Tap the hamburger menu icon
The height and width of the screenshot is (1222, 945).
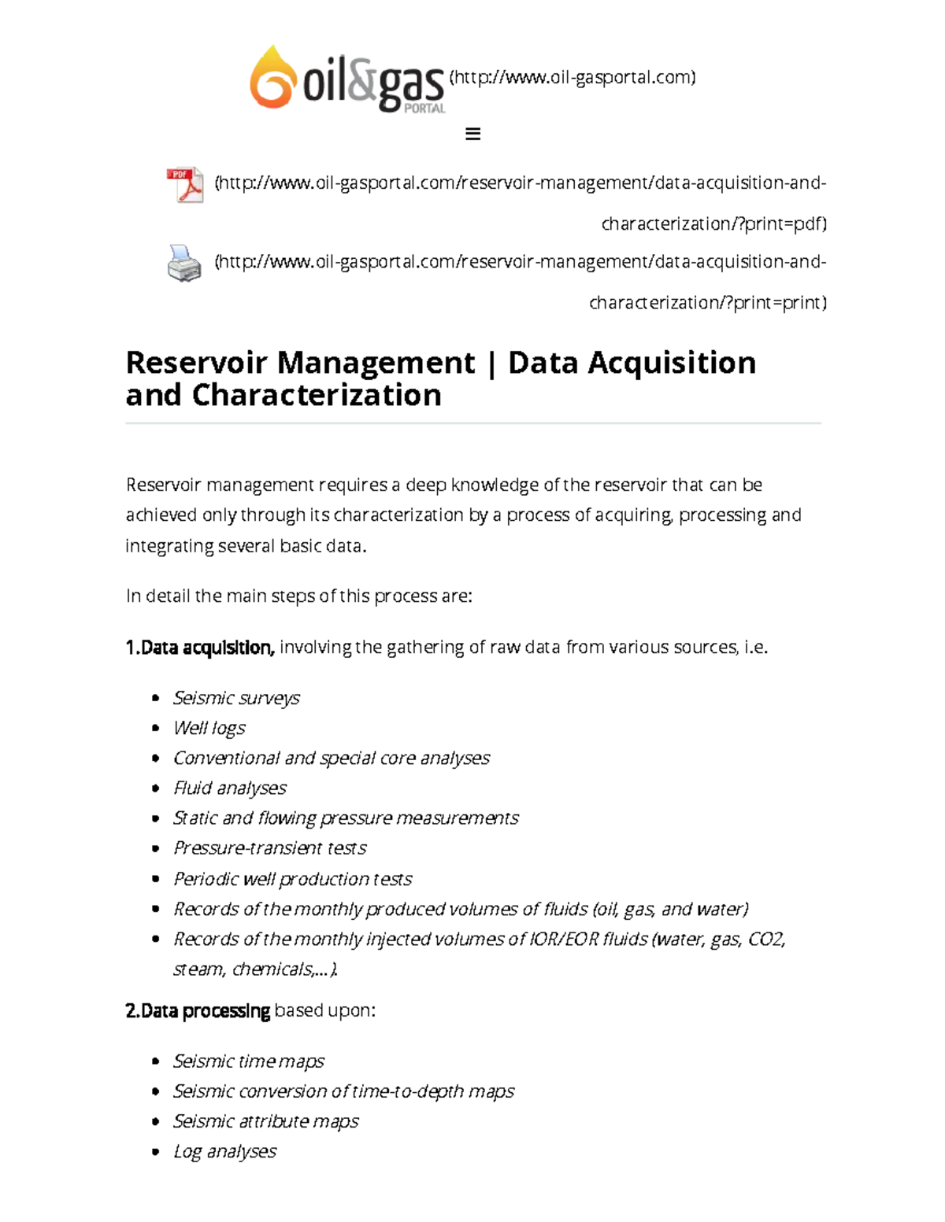point(472,134)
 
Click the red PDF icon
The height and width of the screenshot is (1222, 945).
point(185,186)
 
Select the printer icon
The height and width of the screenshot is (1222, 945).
point(184,264)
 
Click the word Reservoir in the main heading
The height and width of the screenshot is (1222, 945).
point(201,364)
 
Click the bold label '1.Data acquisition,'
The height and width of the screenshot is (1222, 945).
point(200,648)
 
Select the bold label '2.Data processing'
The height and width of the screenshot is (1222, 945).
point(198,1011)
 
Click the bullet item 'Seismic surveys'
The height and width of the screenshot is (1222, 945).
point(236,698)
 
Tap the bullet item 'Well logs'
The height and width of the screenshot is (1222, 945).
point(209,728)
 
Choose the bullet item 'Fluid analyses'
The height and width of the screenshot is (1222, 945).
point(230,788)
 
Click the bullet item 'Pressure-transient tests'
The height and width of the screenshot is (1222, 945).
point(270,848)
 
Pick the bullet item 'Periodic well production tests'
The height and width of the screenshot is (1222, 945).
point(292,879)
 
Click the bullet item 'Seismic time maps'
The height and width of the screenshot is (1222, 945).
point(249,1061)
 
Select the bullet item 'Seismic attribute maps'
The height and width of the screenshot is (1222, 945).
point(266,1121)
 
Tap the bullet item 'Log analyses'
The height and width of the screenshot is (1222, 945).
point(225,1152)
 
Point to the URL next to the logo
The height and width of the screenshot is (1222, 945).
point(573,77)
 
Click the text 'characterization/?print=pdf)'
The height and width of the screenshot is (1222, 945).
point(713,224)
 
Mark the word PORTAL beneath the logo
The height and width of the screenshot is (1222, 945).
point(424,109)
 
